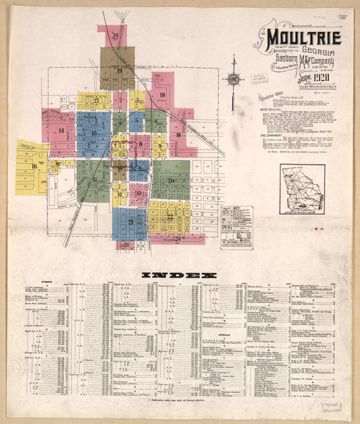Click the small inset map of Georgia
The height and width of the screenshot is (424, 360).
[303, 189]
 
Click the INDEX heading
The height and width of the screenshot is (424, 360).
[180, 275]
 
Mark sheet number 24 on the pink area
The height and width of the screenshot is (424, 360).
[116, 35]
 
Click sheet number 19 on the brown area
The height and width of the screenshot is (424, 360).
[118, 70]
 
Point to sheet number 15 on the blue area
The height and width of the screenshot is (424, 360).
[93, 133]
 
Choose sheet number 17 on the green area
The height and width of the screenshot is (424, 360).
[95, 179]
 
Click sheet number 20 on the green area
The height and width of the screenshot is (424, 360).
[171, 180]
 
